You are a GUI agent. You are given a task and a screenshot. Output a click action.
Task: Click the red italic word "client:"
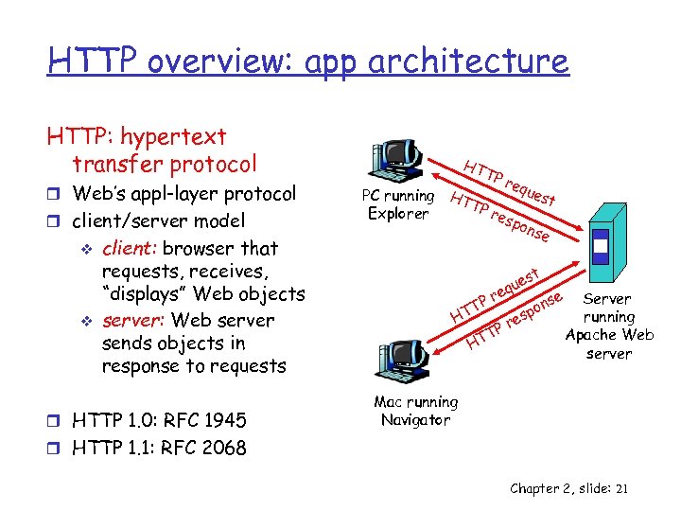pos(129,249)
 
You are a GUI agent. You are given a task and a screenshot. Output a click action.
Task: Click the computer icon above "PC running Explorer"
pos(396,161)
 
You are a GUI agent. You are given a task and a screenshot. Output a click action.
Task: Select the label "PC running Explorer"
pos(398,204)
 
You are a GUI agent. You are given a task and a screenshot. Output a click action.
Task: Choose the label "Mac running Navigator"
pos(415,411)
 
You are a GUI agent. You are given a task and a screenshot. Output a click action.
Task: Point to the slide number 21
pos(620,488)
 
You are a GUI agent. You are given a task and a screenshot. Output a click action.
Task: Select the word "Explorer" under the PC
pos(397,213)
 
